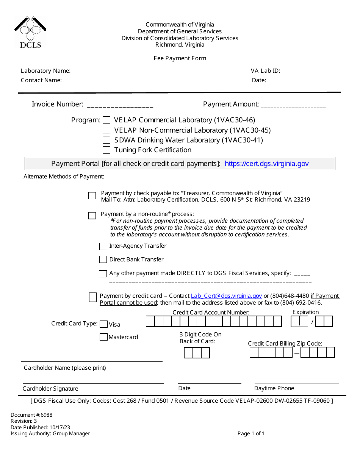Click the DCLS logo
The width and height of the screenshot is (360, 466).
click(30, 32)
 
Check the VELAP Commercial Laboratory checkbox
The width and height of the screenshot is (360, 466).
click(106, 120)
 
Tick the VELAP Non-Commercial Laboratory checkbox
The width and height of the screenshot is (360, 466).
click(106, 130)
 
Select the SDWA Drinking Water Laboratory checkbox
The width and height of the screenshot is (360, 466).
click(106, 140)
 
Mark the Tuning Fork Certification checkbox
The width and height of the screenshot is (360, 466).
click(106, 150)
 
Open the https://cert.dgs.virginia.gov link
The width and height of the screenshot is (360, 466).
click(266, 164)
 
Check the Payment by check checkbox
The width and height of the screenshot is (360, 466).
click(92, 196)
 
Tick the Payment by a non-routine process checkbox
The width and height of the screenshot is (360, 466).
click(92, 216)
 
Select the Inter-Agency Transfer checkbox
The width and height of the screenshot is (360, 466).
click(103, 246)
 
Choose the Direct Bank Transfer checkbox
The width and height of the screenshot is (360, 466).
click(103, 260)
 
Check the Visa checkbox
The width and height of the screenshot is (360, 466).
click(103, 324)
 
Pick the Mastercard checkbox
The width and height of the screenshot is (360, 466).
click(103, 337)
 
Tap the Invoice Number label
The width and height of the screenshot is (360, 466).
click(57, 104)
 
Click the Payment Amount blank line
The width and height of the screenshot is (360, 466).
click(293, 105)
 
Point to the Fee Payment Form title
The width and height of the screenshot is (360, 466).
click(180, 58)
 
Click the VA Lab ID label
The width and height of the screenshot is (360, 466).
click(265, 71)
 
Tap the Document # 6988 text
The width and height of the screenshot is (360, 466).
click(31, 415)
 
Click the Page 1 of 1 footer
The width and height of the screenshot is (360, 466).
click(251, 433)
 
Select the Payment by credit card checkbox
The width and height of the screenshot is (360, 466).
click(93, 297)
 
